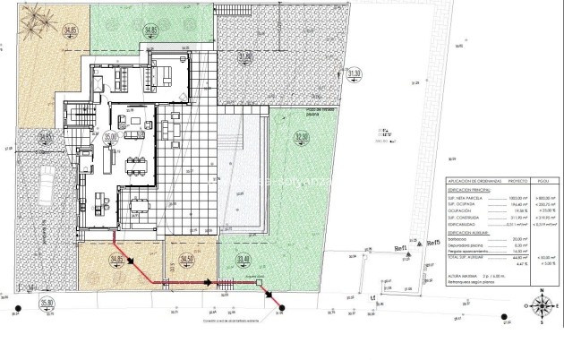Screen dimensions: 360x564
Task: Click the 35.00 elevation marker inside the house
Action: [110, 137]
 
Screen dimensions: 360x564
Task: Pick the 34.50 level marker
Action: [185, 260]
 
